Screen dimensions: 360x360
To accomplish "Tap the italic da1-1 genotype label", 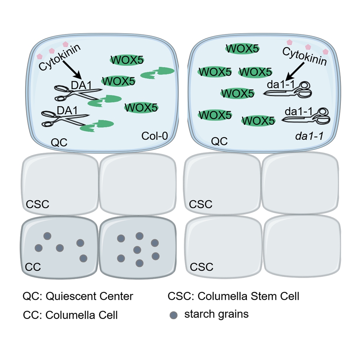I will [x=309, y=136].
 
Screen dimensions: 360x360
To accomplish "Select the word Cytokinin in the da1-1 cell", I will [x=304, y=57].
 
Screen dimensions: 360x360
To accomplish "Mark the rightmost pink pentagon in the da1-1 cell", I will [x=326, y=52].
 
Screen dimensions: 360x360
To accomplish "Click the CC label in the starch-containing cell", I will [x=33, y=267].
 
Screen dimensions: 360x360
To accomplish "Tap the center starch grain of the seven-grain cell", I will [x=137, y=250].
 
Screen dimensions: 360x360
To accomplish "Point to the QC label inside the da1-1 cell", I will [x=219, y=141].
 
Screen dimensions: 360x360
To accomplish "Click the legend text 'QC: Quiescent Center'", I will [x=78, y=296].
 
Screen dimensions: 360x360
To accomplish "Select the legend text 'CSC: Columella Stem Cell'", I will [x=233, y=296].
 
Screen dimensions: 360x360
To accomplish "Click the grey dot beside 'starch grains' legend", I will [x=173, y=315].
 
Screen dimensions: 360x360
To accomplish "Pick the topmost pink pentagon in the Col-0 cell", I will [x=66, y=44].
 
